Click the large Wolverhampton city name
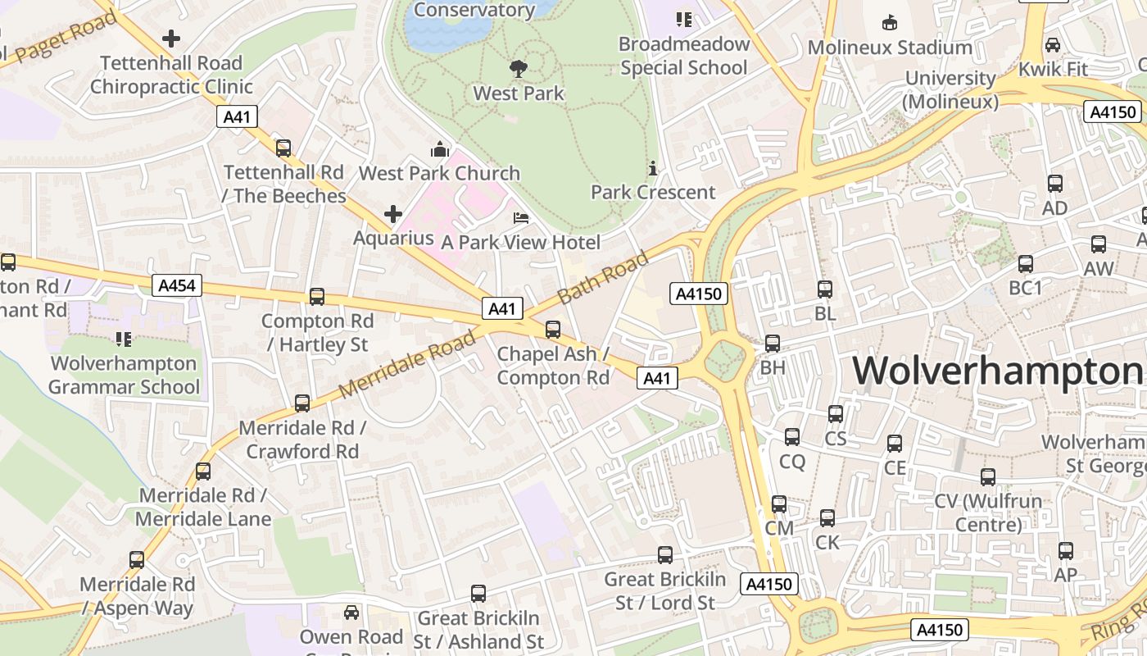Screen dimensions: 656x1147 click(998, 371)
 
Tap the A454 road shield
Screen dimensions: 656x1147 click(177, 285)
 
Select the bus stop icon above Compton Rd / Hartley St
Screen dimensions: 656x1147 click(317, 297)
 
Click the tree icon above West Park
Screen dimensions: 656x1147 click(518, 68)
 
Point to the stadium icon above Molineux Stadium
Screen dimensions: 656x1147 click(889, 22)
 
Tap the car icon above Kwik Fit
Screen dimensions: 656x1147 click(1053, 44)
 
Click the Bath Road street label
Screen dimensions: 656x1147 click(602, 276)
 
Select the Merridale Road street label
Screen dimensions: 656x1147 click(407, 363)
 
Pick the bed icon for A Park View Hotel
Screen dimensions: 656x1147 click(520, 218)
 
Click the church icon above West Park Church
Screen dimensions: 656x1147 click(440, 149)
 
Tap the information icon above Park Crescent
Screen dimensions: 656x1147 click(653, 168)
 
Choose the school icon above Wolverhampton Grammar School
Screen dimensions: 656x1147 click(124, 339)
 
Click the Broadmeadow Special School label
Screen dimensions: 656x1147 click(683, 56)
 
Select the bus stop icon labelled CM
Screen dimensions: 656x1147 click(778, 504)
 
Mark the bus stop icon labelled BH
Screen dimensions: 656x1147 click(772, 344)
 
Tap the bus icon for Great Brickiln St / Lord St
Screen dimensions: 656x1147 click(665, 555)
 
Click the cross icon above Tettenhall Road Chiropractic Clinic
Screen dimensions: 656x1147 click(170, 39)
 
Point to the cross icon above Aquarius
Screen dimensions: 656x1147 click(393, 215)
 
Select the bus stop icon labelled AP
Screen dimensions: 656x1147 click(1065, 551)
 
